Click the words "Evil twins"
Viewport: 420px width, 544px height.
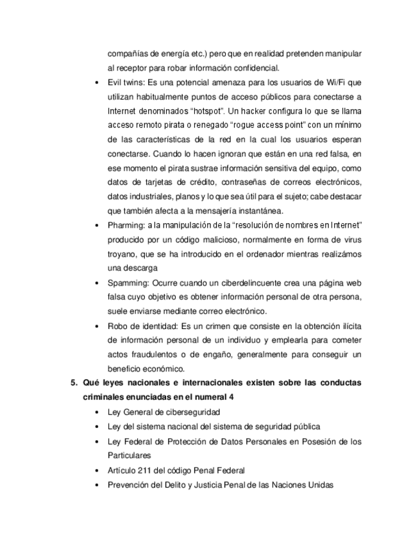124,83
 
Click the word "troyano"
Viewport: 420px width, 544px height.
122,255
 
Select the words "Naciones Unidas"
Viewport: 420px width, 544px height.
305,484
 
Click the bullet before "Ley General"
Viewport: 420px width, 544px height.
96,412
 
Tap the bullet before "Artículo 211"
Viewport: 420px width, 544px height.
96,470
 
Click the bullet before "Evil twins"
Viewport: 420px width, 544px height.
96,83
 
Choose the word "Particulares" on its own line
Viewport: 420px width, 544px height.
129,455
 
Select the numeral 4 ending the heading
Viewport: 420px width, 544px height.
231,398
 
